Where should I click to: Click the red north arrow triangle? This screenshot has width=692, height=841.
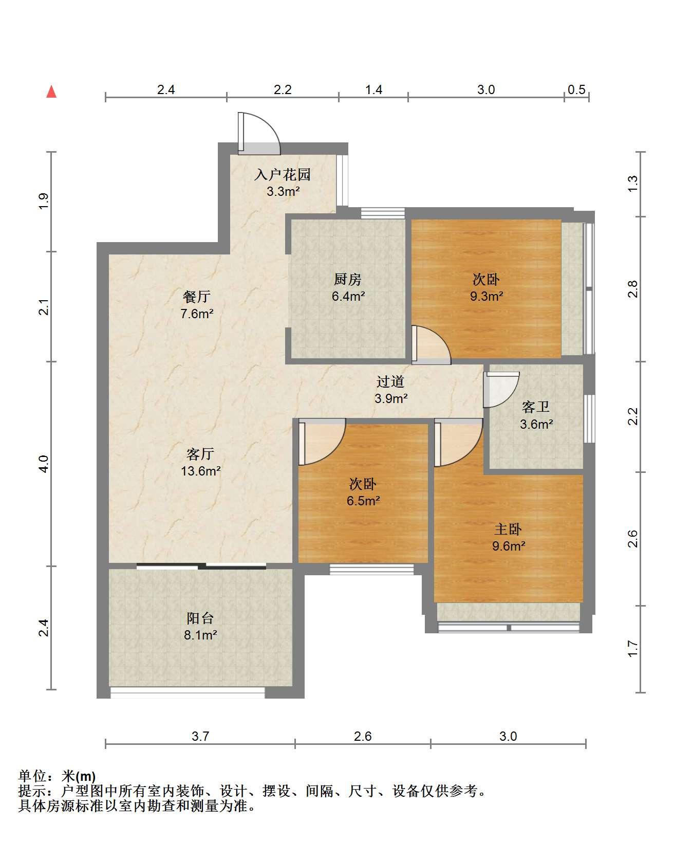[51, 92]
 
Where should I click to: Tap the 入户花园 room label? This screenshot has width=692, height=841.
[283, 175]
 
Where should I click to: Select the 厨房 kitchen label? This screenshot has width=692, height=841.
[348, 280]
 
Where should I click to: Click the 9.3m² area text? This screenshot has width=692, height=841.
[486, 296]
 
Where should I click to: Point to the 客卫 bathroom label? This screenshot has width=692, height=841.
[536, 408]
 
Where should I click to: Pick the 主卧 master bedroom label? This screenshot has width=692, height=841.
[508, 529]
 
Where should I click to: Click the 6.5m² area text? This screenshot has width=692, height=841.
[363, 501]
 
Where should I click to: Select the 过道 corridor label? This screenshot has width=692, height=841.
[390, 382]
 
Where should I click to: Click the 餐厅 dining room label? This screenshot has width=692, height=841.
[197, 297]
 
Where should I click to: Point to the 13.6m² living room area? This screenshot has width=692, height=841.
[201, 471]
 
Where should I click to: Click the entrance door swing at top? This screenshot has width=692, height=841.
[259, 134]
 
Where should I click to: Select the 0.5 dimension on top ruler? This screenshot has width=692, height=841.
[576, 89]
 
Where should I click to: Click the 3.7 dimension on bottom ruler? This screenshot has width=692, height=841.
[200, 736]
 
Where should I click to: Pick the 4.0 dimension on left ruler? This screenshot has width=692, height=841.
[44, 464]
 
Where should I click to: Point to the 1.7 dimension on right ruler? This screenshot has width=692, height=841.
[633, 649]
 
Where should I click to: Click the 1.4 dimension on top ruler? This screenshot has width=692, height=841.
[373, 89]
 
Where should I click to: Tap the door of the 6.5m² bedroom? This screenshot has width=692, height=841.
[322, 442]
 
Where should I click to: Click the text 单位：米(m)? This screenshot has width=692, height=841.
[57, 776]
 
